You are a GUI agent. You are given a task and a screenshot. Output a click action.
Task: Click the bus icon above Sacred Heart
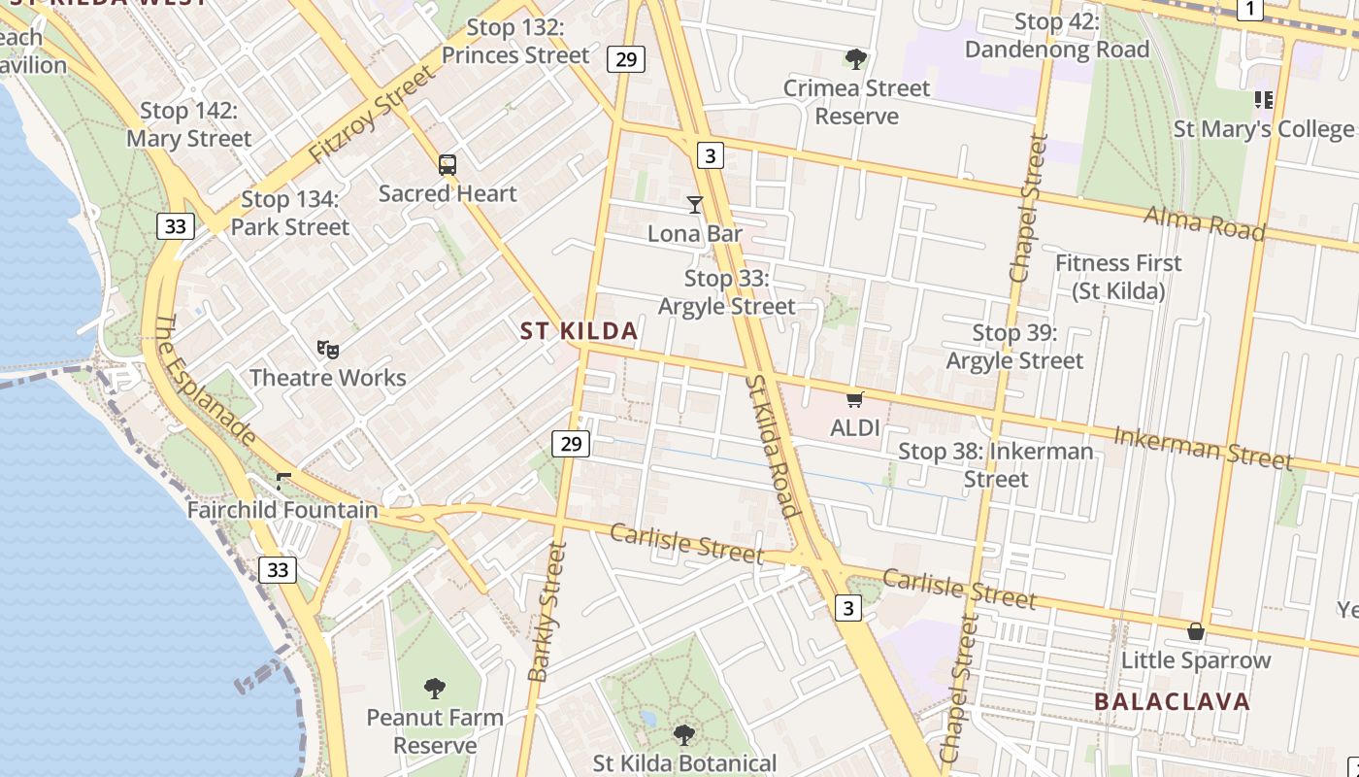coord(447,165)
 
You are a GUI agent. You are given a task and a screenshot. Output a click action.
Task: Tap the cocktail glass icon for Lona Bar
coord(695,204)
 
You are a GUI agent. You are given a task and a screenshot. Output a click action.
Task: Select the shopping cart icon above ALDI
coord(855,399)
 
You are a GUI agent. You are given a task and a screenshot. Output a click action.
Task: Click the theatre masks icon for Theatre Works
coord(328,349)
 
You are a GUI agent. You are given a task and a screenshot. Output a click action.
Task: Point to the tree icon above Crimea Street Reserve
coord(855,59)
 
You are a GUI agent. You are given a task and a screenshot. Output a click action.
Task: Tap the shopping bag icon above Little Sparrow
coord(1196,632)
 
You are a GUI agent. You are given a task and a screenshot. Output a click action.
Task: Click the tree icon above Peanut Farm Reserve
coord(435,689)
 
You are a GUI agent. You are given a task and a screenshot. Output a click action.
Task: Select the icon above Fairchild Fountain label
coord(283,481)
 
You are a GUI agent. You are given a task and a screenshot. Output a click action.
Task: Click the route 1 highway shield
coord(1249,9)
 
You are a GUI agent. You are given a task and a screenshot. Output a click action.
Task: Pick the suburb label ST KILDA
coord(580,331)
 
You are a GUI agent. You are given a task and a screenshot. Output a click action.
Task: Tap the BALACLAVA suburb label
coord(1172,701)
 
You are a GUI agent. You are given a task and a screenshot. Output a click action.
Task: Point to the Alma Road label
coord(1205,222)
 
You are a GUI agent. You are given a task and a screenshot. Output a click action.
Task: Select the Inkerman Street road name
coord(1203,447)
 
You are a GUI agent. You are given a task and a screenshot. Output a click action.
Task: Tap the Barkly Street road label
coord(547,612)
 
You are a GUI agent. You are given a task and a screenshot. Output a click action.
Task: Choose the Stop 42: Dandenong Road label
coord(1056,36)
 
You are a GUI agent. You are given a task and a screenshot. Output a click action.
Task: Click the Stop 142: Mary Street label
coord(189,124)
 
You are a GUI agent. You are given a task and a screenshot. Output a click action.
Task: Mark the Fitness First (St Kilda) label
coord(1118,277)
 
